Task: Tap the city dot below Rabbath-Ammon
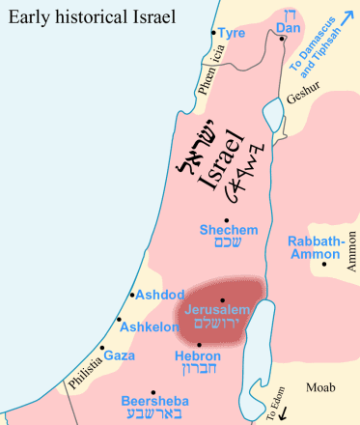[x=326, y=264]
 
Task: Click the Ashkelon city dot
[x=120, y=320]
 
